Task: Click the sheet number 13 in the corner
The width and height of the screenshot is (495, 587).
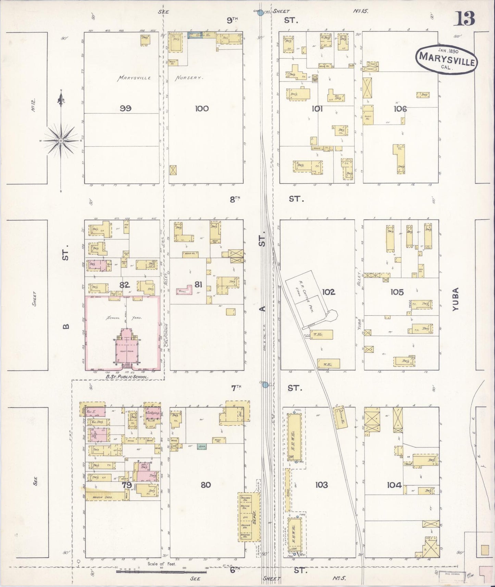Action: coord(465,18)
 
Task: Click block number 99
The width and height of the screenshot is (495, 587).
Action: coord(126,109)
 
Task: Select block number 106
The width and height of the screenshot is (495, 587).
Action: coord(400,109)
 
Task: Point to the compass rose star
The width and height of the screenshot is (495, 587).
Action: coord(61,140)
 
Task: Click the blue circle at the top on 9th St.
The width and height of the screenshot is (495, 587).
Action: coord(260,13)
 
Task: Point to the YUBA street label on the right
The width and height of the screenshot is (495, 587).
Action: coord(455,299)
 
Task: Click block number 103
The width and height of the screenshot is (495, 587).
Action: coord(321,485)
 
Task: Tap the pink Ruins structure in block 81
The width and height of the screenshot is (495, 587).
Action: coord(184,290)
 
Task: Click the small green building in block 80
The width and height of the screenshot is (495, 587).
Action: coord(201,446)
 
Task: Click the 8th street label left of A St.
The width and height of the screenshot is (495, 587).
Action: coord(235,199)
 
